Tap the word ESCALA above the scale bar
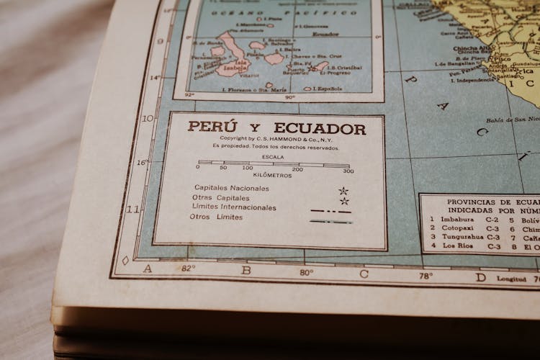coord(273,156)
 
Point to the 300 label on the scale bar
coord(348,171)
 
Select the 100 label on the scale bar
coord(247,168)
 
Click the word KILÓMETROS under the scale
coord(272,176)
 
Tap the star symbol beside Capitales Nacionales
coord(343,191)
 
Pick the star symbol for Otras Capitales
coord(344,201)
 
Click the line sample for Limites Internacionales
coord(330,211)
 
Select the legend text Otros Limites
coord(216,217)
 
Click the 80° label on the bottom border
coord(306,272)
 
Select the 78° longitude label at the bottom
coord(426,276)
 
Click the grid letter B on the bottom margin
coord(246,271)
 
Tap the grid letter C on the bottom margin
coord(364,274)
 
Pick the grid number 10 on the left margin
coord(148,118)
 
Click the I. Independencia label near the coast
coord(464,80)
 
